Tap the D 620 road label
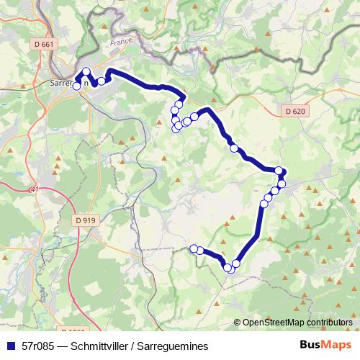(294, 111)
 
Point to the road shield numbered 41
(35, 189)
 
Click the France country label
(121, 43)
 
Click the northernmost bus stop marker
(86, 71)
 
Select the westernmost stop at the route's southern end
(193, 248)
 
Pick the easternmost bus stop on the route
(282, 172)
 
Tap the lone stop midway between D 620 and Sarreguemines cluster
(233, 148)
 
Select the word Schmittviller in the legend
(103, 346)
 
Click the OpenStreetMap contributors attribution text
(300, 323)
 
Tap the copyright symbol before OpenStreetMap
(238, 323)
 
